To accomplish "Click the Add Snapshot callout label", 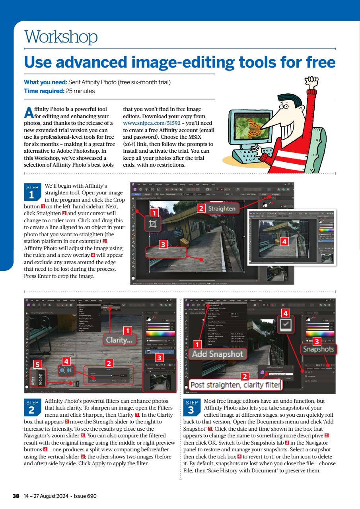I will (217, 353).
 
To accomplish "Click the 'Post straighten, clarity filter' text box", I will (235, 385).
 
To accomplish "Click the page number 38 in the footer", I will (16, 496).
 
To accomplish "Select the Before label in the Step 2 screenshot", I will (41, 376).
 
